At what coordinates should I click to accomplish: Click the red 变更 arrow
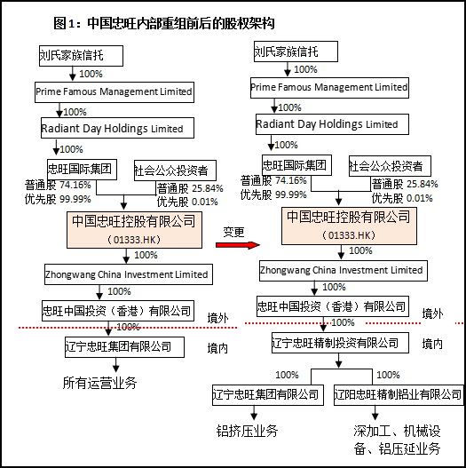click(x=238, y=245)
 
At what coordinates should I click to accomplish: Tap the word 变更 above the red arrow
click(x=233, y=232)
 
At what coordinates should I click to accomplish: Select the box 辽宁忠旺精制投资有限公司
click(x=340, y=343)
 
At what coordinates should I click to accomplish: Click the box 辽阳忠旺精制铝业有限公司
click(x=399, y=395)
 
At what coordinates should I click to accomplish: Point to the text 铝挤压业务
click(x=247, y=431)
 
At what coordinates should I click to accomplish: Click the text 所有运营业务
click(x=99, y=383)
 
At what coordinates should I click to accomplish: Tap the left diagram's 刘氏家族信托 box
click(x=81, y=56)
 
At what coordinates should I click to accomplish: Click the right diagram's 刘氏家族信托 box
click(x=296, y=52)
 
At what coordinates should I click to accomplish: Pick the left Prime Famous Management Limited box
click(x=115, y=92)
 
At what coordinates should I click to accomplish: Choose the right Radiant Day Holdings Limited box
click(x=332, y=124)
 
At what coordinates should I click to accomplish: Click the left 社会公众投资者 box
click(x=175, y=171)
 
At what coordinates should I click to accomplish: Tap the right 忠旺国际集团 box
click(x=296, y=165)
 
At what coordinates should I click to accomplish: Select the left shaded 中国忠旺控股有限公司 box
click(x=134, y=230)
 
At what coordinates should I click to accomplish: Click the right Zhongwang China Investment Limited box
click(x=344, y=271)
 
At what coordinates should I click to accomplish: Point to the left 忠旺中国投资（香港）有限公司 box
click(x=118, y=311)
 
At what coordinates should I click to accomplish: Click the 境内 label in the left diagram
click(x=217, y=348)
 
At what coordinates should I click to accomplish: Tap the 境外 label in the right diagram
click(x=432, y=313)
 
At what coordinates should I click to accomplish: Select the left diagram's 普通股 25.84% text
click(x=190, y=188)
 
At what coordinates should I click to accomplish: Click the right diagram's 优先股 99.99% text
click(x=273, y=194)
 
